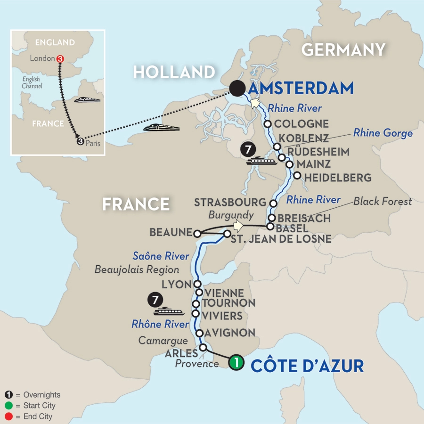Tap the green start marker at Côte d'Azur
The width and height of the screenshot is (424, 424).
click(x=236, y=363)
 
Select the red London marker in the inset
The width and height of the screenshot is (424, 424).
click(x=60, y=59)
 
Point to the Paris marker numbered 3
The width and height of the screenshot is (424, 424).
click(x=80, y=141)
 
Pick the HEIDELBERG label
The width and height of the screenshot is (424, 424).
click(x=338, y=178)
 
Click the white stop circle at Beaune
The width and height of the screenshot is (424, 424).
click(x=197, y=233)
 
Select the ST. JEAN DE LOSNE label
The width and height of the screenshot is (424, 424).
click(x=281, y=239)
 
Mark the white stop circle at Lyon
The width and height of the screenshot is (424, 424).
click(x=197, y=284)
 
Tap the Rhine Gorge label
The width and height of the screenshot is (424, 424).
click(x=383, y=133)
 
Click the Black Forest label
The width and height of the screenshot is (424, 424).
click(x=383, y=202)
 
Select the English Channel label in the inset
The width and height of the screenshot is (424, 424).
click(x=32, y=83)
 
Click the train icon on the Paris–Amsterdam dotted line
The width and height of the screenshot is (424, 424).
click(x=162, y=128)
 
